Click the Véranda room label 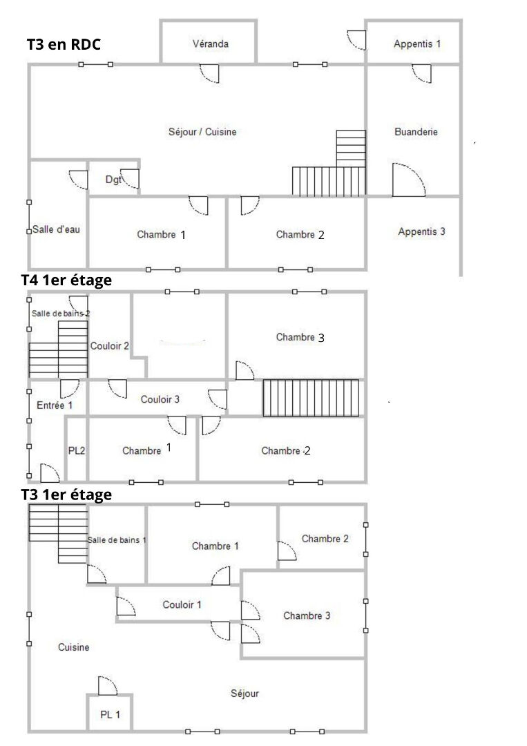[x=210, y=44]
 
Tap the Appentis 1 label [x=416, y=44]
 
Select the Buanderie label [x=416, y=132]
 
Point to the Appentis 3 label [x=421, y=232]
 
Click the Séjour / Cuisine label [x=202, y=132]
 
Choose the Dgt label [x=113, y=180]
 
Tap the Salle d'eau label [x=56, y=230]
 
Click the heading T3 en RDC [x=64, y=45]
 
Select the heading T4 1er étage [x=66, y=280]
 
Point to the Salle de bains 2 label [x=61, y=313]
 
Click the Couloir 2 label [x=110, y=346]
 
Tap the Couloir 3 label [x=160, y=399]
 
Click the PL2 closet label [x=77, y=450]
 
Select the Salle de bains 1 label [x=117, y=539]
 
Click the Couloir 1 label [x=182, y=605]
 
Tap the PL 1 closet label [x=110, y=714]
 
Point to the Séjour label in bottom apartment [x=245, y=694]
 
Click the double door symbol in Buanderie [x=408, y=180]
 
